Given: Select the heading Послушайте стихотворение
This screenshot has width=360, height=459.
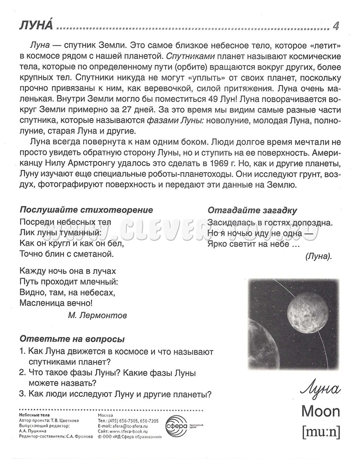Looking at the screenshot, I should [x=86, y=210].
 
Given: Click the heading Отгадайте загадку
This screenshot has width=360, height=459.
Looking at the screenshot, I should [x=252, y=210].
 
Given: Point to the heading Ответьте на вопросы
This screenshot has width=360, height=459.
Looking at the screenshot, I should [x=72, y=339].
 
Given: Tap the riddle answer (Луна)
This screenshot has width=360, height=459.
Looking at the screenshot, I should [x=318, y=256].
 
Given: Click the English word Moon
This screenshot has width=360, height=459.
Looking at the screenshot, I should [x=320, y=411].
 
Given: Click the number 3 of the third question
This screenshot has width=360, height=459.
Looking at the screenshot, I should [x=22, y=394].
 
